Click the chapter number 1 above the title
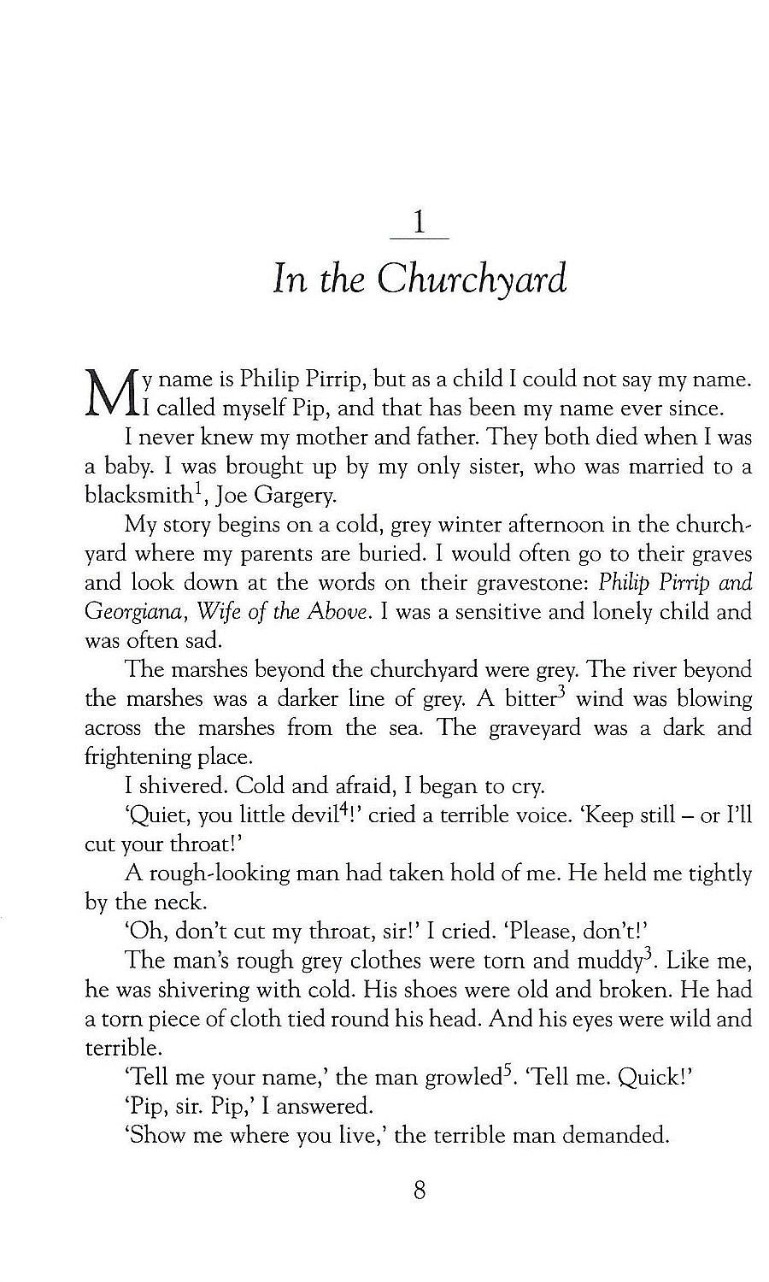(x=419, y=224)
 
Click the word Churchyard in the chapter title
(x=472, y=280)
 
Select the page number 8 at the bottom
(x=419, y=1190)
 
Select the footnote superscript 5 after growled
(x=505, y=1069)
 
